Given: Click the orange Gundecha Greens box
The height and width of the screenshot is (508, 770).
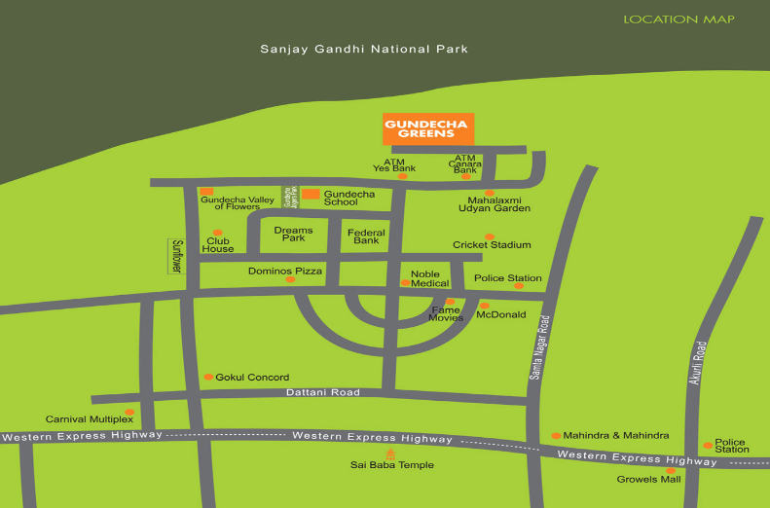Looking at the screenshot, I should click(428, 128).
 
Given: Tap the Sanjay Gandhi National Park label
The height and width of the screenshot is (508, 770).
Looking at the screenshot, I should click(364, 49).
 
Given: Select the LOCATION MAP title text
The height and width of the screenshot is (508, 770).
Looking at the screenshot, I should click(678, 18).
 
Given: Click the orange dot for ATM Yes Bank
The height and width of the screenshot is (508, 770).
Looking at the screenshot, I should click(403, 176).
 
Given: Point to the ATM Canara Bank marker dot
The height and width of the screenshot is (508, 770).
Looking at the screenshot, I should click(466, 176).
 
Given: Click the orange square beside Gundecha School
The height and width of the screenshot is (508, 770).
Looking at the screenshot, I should click(310, 195).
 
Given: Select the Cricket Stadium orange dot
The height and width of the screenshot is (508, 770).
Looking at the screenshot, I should click(490, 236).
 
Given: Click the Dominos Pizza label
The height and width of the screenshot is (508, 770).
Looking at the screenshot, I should click(284, 271).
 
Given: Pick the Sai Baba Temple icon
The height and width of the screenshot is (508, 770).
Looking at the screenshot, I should click(391, 454).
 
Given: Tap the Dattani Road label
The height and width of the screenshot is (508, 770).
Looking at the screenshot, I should click(323, 392).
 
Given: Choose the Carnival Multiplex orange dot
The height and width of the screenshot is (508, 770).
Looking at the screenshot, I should click(128, 412).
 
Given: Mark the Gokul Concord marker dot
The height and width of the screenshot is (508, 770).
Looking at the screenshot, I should click(208, 377).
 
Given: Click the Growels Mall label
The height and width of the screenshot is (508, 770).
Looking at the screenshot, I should click(648, 479).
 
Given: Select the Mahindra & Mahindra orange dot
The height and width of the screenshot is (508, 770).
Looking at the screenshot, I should click(556, 435).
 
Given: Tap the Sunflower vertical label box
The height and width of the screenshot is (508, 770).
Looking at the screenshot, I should click(176, 256).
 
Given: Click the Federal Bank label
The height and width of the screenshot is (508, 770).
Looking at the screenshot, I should click(366, 236).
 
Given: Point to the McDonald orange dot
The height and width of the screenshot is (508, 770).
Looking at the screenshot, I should click(484, 306).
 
